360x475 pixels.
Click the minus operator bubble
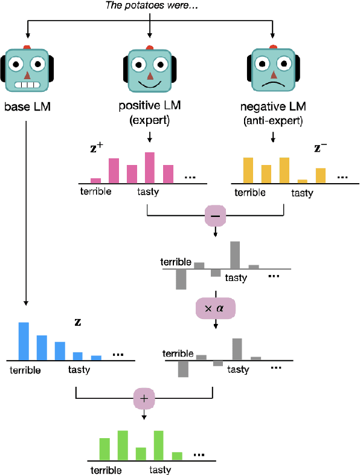click(215, 215)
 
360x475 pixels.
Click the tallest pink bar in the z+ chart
click(150, 167)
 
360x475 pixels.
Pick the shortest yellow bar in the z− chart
click(303, 181)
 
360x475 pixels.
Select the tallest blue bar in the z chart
click(24, 340)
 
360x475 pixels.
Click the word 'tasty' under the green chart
click(160, 470)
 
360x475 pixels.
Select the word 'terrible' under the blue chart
click(25, 370)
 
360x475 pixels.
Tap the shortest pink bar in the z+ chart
click(95, 180)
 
